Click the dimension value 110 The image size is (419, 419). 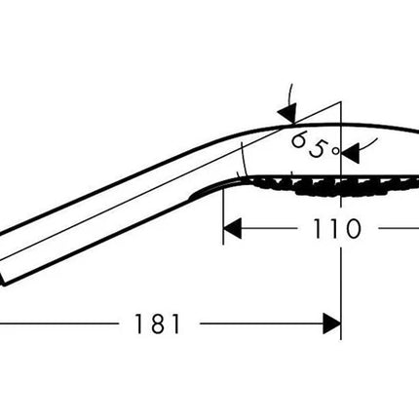[x=337, y=229]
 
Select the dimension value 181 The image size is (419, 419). [x=157, y=324]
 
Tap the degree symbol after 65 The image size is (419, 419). [x=336, y=151]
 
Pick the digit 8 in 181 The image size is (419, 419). [x=157, y=324]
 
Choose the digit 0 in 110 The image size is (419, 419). [x=353, y=229]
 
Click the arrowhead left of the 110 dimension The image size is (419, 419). [x=232, y=228]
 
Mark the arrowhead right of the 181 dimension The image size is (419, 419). [x=331, y=324]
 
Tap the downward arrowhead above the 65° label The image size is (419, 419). [x=288, y=113]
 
